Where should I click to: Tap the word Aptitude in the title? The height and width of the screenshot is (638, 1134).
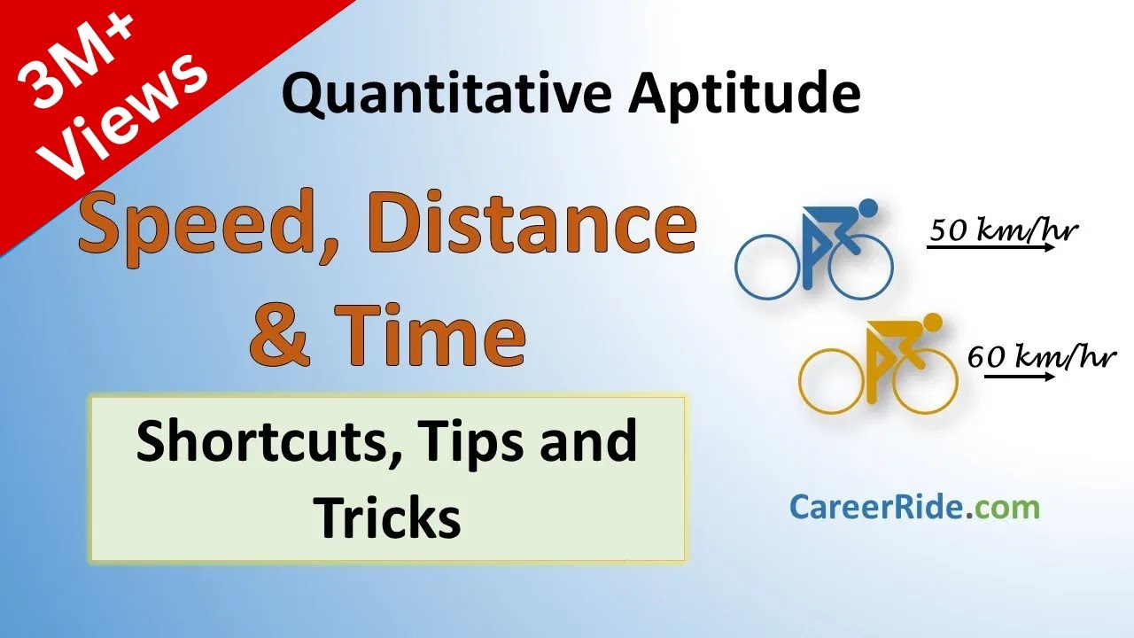[744, 95]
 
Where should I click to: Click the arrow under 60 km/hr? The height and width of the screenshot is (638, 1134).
[1018, 377]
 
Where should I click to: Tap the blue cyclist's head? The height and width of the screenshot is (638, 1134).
[867, 208]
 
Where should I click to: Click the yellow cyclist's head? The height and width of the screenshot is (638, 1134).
[931, 321]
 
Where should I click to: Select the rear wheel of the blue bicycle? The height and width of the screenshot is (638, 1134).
[768, 266]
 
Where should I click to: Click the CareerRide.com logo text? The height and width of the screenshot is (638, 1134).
[914, 508]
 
